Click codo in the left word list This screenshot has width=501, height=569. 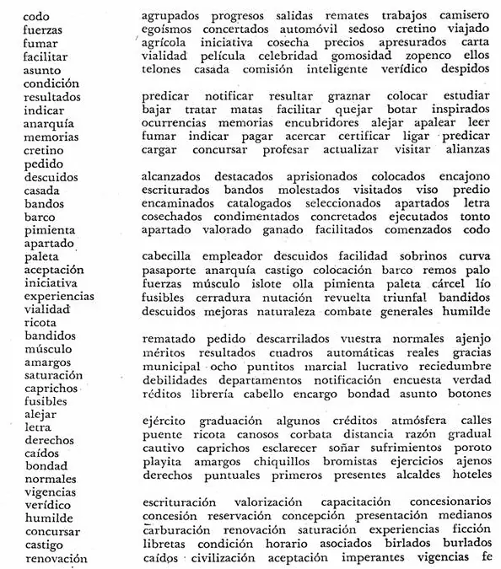36,16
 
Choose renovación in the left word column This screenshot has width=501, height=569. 57,558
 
